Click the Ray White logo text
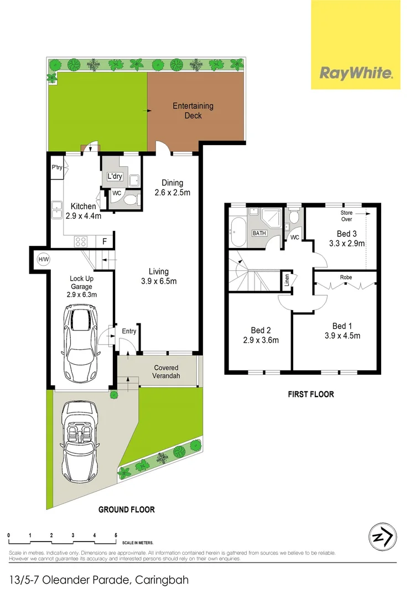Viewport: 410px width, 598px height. click(x=356, y=73)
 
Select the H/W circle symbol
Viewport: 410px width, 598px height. click(x=43, y=259)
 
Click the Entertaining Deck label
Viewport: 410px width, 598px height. click(x=193, y=111)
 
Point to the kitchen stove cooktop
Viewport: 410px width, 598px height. click(x=81, y=241)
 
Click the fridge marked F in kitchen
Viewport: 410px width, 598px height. click(x=104, y=241)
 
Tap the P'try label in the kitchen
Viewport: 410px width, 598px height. click(x=56, y=167)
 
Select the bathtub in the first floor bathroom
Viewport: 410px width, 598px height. click(x=238, y=233)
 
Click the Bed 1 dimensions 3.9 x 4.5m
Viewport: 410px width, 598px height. click(x=342, y=336)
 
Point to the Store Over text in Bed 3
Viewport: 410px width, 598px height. click(x=346, y=215)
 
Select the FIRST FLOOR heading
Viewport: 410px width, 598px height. click(x=310, y=395)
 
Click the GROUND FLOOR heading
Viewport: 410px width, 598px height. click(x=126, y=509)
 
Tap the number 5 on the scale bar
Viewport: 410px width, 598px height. click(x=116, y=535)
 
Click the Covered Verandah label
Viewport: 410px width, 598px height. click(x=166, y=372)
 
